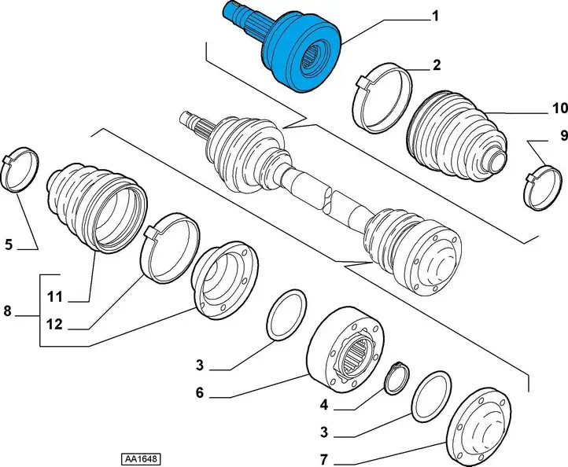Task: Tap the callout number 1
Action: pos(435,17)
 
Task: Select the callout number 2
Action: pos(437,65)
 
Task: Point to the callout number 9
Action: pos(563,136)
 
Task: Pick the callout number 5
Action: pos(9,245)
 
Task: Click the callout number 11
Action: pos(55,297)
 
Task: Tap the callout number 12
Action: pos(54,325)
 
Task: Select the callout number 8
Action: pos(8,311)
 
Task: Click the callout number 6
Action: pos(200,393)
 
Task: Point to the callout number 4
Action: pos(323,405)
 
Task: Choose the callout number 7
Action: pos(323,460)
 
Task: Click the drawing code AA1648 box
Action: pos(141,459)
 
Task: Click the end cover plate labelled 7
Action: pos(479,427)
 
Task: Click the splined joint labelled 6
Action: pos(345,350)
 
